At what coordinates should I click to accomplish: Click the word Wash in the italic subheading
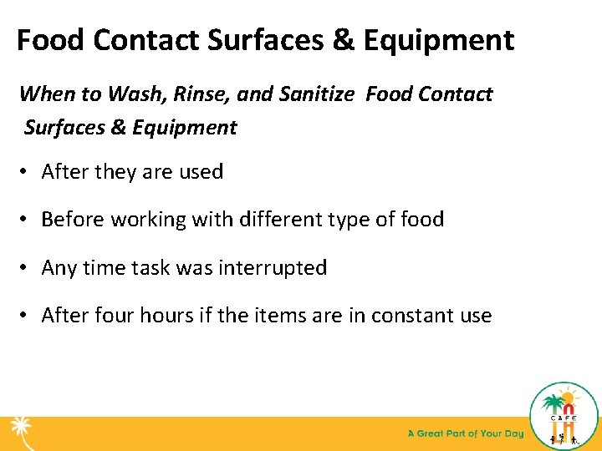pos(133,94)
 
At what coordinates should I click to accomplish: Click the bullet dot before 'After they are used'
pos(25,173)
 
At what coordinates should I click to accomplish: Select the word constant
pos(409,316)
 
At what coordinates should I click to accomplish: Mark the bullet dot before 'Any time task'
pos(25,269)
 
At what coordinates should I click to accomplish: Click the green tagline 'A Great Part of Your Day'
pos(466,433)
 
